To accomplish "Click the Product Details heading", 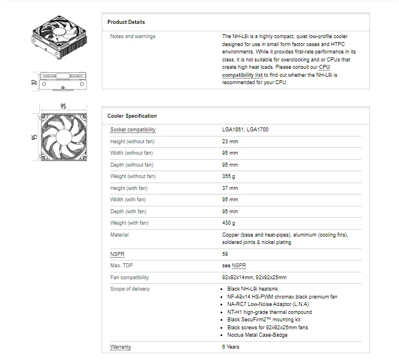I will click(x=126, y=22).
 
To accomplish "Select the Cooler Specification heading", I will click(x=132, y=116).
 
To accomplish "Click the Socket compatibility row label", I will click(x=132, y=130).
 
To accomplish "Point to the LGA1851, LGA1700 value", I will click(x=245, y=130).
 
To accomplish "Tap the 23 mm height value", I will click(x=230, y=142).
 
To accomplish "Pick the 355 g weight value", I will click(x=228, y=176).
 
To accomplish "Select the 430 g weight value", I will click(x=228, y=223).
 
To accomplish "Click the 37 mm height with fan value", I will click(x=230, y=188).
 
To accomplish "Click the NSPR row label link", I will click(x=117, y=254).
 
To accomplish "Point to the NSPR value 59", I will click(x=225, y=254).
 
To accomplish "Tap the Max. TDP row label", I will click(x=122, y=266).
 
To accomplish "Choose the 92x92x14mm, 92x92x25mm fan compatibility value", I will click(x=254, y=278).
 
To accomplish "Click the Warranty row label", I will click(x=120, y=347).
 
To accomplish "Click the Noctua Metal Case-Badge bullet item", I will click(x=257, y=335).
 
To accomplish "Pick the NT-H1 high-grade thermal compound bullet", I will click(x=269, y=312).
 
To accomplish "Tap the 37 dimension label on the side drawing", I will click(x=35, y=82).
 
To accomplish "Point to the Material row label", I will click(x=119, y=235).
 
